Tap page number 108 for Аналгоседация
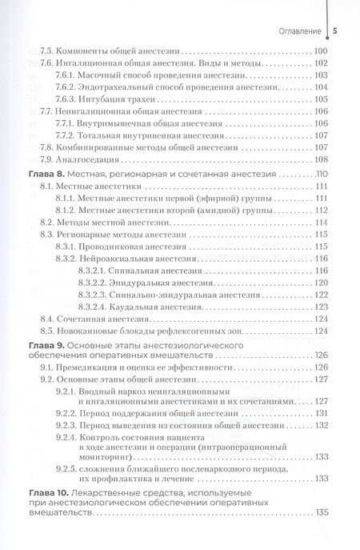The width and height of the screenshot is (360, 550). click(322, 159)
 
